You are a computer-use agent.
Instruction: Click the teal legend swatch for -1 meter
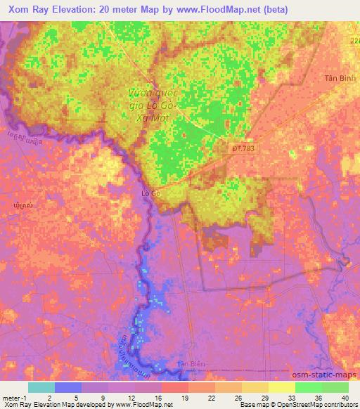pyautogui.click(x=41, y=387)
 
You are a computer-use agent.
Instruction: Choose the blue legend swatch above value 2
pyautogui.click(x=68, y=387)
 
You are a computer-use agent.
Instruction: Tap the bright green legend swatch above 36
pyautogui.click(x=309, y=387)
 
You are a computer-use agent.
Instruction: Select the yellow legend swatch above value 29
pyautogui.click(x=255, y=387)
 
